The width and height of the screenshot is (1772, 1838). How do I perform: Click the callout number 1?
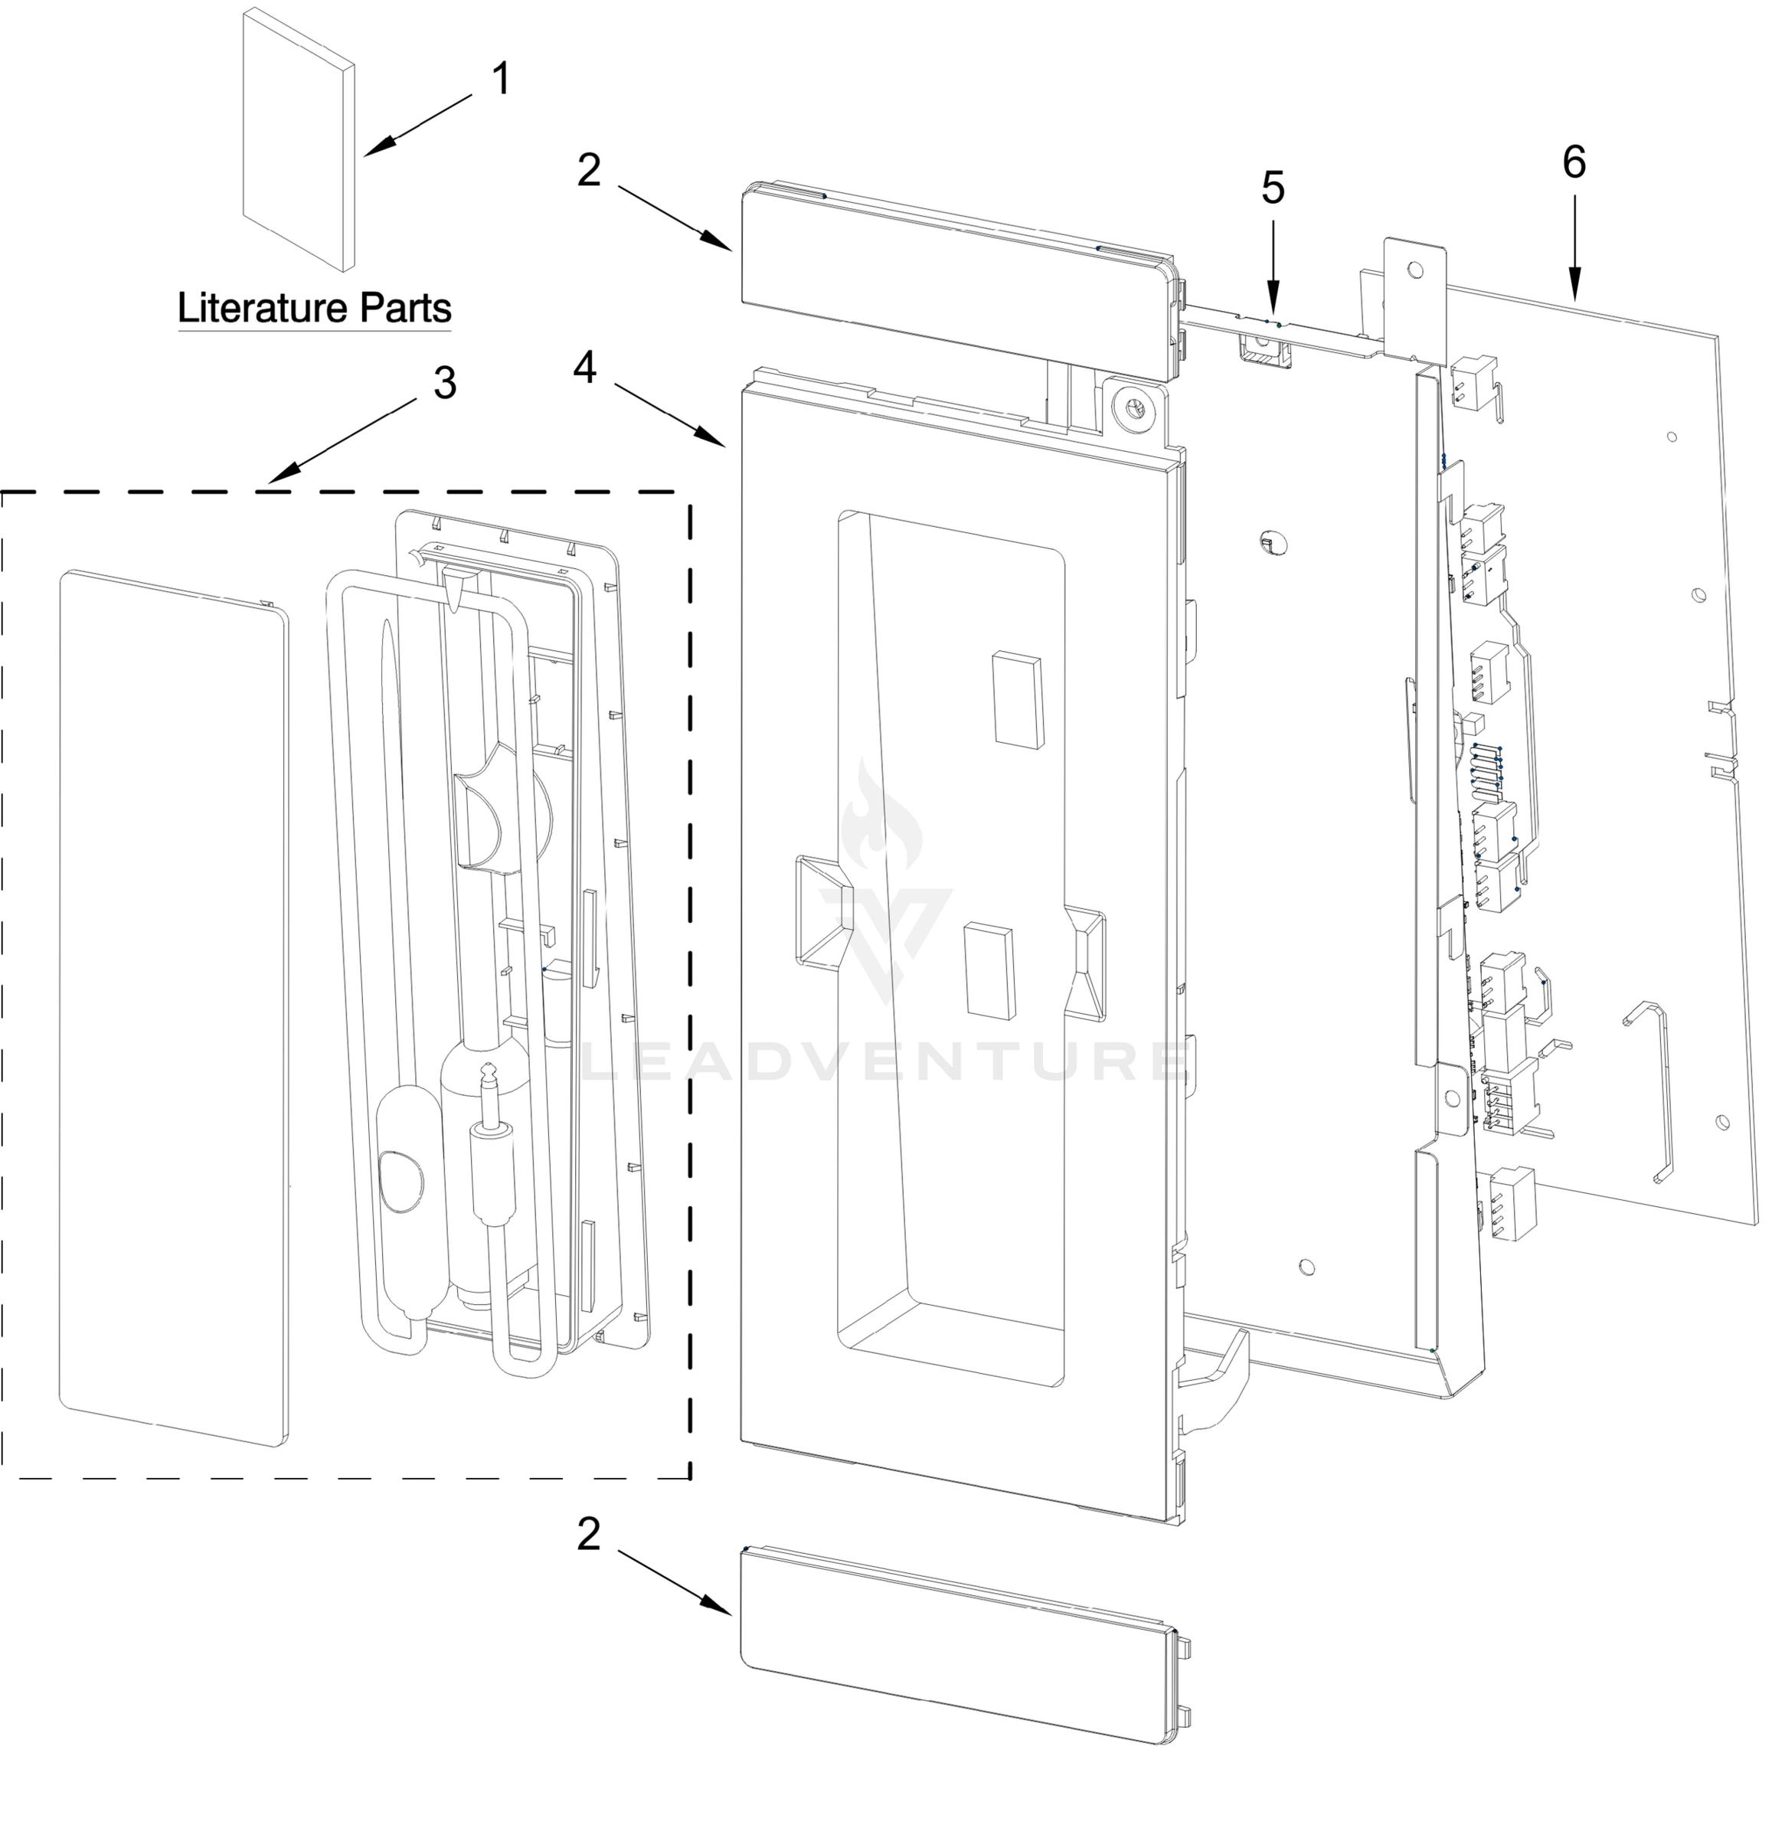502,79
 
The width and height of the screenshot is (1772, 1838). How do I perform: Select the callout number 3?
444,383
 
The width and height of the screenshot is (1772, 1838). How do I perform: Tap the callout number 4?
584,368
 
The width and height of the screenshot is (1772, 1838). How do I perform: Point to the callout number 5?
1272,188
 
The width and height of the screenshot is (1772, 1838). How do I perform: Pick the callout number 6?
1574,162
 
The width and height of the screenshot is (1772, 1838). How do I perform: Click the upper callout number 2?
588,171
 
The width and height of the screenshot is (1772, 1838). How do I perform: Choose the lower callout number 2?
588,1534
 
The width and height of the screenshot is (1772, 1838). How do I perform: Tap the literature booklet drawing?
298,141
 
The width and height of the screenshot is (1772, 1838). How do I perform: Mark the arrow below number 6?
1574,247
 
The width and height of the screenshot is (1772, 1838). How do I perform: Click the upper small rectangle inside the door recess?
1017,702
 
